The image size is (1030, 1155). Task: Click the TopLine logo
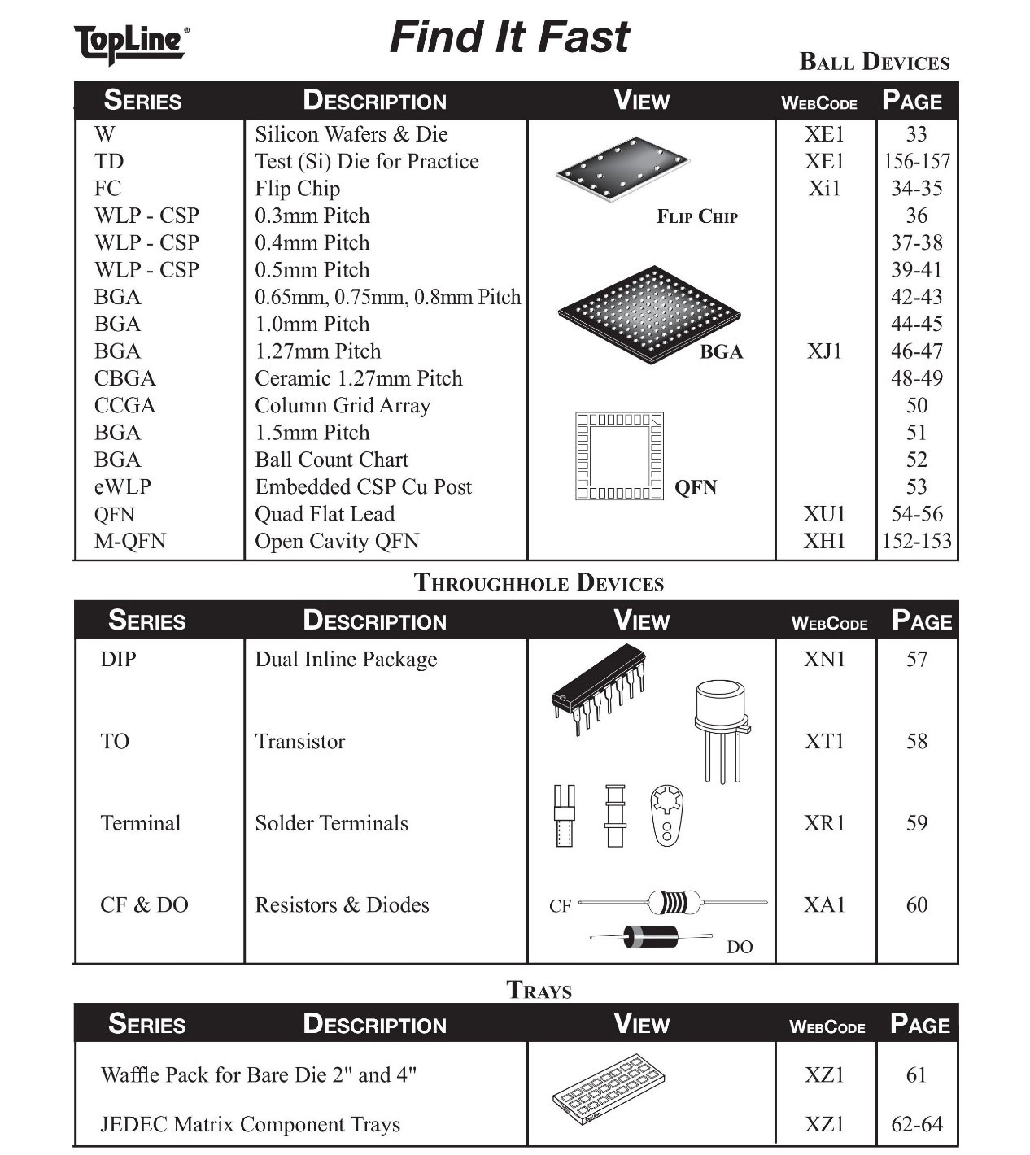[x=131, y=42]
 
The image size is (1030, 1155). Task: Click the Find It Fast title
[x=509, y=37]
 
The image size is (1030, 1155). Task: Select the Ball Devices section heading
[x=874, y=62]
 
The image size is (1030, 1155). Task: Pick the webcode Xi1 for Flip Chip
[x=824, y=189]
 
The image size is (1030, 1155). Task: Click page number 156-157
[x=916, y=161]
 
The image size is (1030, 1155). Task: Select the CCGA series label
[x=124, y=405]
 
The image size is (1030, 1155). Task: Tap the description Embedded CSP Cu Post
[x=363, y=486]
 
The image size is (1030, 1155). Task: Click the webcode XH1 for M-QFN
[x=824, y=541]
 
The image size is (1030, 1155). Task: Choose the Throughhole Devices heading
[x=539, y=582]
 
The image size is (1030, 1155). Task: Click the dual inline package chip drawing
[x=599, y=687]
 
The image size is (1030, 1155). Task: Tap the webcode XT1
[x=824, y=741]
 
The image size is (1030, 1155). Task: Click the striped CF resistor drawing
[x=674, y=902]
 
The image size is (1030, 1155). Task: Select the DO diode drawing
[x=651, y=937]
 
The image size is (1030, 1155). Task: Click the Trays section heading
[x=539, y=990]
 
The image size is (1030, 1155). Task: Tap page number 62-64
[x=916, y=1124]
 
